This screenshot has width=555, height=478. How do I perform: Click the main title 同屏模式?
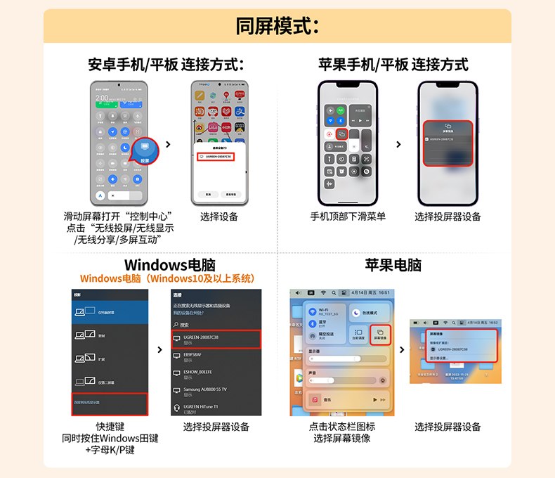click(x=277, y=26)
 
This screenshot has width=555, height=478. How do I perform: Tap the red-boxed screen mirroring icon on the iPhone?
click(x=342, y=133)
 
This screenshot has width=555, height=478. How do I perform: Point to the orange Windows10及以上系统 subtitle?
click(x=166, y=278)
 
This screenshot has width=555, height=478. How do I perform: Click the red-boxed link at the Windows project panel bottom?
click(x=109, y=403)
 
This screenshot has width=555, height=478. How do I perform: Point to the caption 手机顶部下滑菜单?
click(x=348, y=217)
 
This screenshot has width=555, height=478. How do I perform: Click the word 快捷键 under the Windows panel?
click(x=110, y=427)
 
